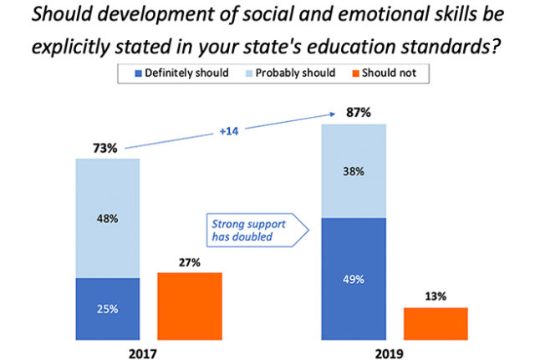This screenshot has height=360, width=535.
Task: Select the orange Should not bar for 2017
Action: [190, 307]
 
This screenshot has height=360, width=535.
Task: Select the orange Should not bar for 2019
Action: [435, 324]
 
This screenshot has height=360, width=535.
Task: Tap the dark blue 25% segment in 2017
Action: [107, 309]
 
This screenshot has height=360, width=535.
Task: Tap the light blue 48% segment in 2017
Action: [107, 218]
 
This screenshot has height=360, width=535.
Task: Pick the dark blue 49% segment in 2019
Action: [354, 279]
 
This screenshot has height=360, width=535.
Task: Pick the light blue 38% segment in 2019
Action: [354, 171]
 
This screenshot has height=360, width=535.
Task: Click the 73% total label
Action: [106, 148]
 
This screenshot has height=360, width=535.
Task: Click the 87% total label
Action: [354, 112]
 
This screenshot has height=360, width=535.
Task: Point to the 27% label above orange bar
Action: [190, 261]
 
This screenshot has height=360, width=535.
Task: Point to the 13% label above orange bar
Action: [435, 296]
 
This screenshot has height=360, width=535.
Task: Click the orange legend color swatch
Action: [356, 74]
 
